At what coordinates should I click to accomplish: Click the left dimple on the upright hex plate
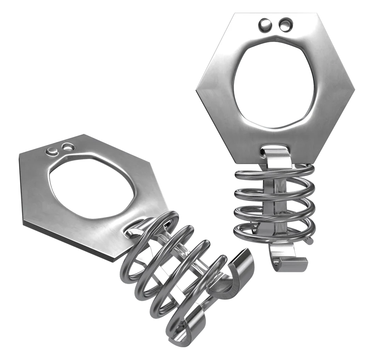[x=266, y=25]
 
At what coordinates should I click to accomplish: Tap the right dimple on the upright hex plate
[x=285, y=25]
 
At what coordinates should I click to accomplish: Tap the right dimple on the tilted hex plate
[x=68, y=147]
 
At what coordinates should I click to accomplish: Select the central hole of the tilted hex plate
[x=92, y=188]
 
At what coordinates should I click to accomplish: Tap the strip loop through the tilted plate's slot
[x=133, y=230]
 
